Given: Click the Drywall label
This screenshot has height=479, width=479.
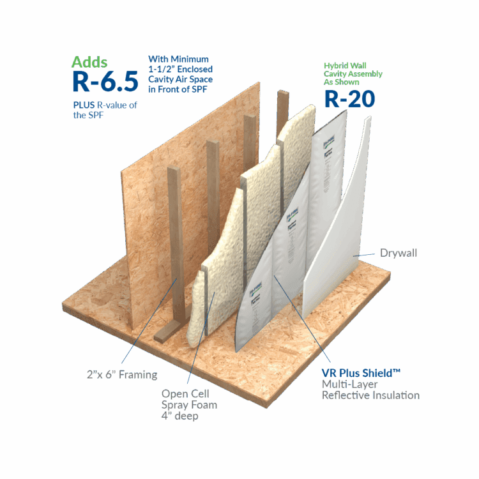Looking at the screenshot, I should (x=399, y=254).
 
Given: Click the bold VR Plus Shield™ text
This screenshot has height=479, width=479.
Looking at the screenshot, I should (x=361, y=371).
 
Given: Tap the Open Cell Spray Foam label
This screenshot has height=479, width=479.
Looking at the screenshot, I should (x=188, y=399).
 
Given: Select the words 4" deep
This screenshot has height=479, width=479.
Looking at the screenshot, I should (x=177, y=417).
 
